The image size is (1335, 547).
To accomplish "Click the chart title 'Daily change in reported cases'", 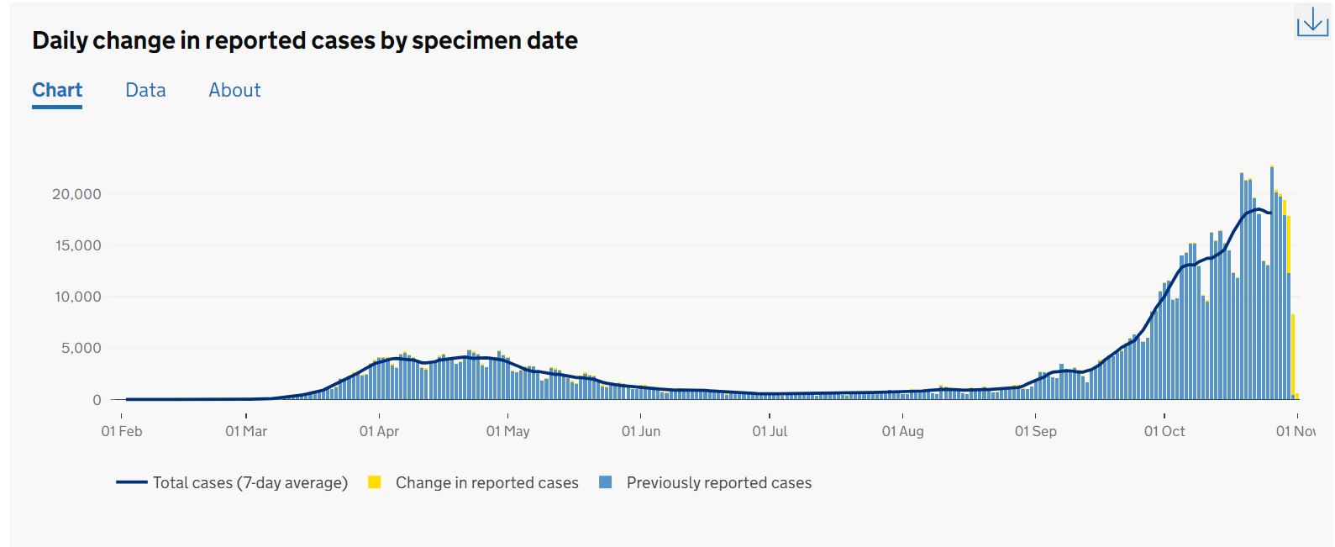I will tap(305, 40).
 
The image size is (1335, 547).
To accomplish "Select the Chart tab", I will tap(57, 90).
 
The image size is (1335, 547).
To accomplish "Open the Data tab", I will tap(145, 90).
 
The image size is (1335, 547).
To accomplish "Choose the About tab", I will tap(234, 90).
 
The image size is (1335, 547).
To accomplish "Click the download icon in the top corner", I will tap(1312, 22).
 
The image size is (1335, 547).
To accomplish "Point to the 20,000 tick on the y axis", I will tap(76, 194).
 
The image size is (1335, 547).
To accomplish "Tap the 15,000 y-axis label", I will tap(76, 245).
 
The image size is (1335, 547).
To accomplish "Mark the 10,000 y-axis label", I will tap(77, 297).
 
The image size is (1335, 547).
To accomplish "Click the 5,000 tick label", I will tap(81, 348).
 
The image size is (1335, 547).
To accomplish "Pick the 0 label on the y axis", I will tap(97, 400).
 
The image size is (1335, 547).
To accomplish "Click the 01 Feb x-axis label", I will tap(122, 431).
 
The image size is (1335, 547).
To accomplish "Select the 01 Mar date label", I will tap(246, 431).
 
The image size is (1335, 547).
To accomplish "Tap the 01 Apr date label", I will tap(379, 431).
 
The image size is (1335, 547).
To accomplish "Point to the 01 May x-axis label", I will tap(508, 431).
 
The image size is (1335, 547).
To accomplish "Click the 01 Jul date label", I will tap(770, 431).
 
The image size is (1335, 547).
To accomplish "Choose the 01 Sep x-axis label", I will tap(1035, 431).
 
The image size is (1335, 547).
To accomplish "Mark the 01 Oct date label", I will tap(1164, 431).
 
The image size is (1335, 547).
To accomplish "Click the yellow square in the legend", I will tap(375, 482).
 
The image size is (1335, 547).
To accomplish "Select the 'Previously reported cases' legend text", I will tap(719, 483).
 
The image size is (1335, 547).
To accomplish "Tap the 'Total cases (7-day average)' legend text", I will tap(250, 483).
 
